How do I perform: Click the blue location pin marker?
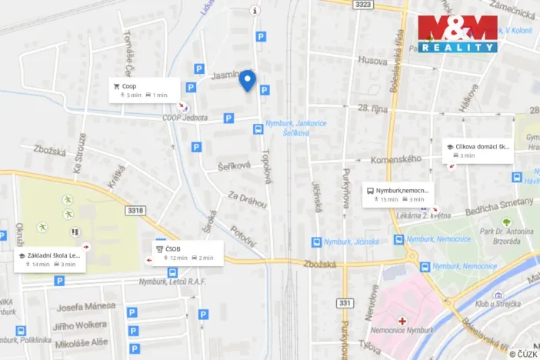(x=247, y=80)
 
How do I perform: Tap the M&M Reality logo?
(x=457, y=34)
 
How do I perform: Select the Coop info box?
(x=144, y=90)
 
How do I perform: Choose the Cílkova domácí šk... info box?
(x=477, y=150)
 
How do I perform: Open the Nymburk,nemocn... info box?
(x=397, y=195)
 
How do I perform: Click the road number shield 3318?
(x=135, y=210)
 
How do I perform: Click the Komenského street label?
(x=395, y=159)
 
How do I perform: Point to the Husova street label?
(x=372, y=59)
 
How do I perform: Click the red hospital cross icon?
(x=401, y=320)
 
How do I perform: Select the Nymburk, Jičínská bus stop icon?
(x=316, y=242)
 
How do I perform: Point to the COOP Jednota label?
(x=185, y=118)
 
